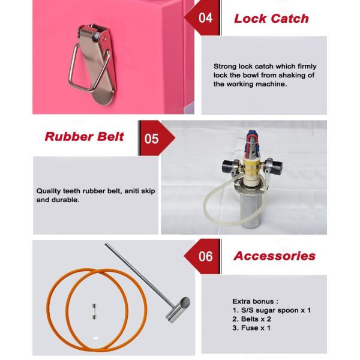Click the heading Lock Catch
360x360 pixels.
click(271, 19)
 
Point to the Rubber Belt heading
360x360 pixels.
click(84, 137)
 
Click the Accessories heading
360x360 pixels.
click(275, 256)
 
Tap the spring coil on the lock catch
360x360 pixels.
click(97, 35)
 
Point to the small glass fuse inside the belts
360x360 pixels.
click(94, 311)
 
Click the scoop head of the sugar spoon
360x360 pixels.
click(178, 310)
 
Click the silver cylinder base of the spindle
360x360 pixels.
click(250, 209)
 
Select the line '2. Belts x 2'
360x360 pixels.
click(251, 319)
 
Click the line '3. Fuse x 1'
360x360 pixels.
click(251, 328)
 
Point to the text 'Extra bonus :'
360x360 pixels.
click(255, 301)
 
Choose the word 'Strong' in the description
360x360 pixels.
click(225, 67)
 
